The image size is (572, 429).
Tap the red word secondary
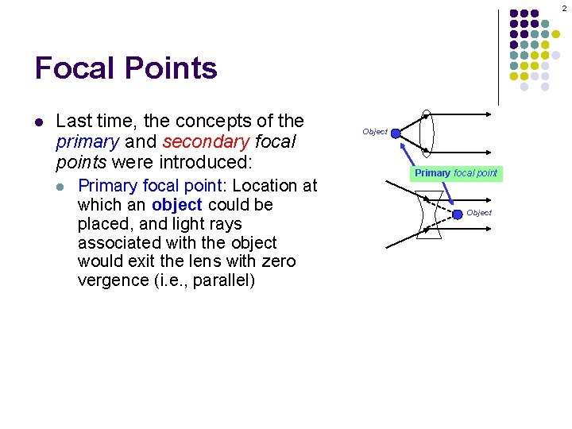tap(204, 141)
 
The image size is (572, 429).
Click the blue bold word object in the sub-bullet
tap(176, 205)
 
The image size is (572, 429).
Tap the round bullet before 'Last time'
tap(38, 122)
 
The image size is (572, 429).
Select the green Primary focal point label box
tap(456, 173)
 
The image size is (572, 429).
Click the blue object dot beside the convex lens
tap(396, 135)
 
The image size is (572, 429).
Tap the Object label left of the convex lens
tap(375, 132)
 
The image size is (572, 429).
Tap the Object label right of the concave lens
tap(479, 213)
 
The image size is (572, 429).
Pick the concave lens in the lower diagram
tap(429, 214)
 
